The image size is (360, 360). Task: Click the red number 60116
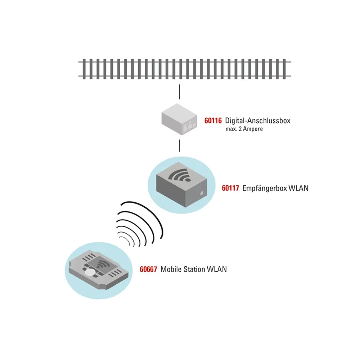[x=213, y=121]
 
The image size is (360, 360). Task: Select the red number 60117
[x=231, y=188]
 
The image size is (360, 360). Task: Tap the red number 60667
[x=148, y=269]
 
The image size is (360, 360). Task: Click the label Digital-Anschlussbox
[x=258, y=121]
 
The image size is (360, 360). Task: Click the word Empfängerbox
[x=265, y=188]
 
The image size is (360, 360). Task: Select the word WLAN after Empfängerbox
[x=299, y=188]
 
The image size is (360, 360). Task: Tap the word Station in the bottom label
[x=194, y=269]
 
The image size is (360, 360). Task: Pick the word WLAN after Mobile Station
[x=217, y=269]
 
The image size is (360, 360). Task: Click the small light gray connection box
[x=178, y=118]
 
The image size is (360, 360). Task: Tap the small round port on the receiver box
[x=202, y=193]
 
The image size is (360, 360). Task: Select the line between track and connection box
[x=179, y=92]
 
